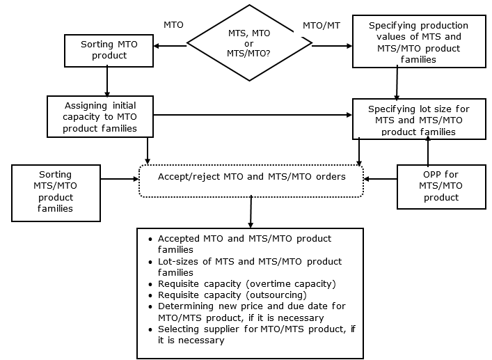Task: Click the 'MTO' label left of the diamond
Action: coord(173,25)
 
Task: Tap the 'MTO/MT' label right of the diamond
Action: coord(321,25)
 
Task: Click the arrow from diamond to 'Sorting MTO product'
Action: coord(170,47)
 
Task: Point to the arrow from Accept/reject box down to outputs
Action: coord(251,211)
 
